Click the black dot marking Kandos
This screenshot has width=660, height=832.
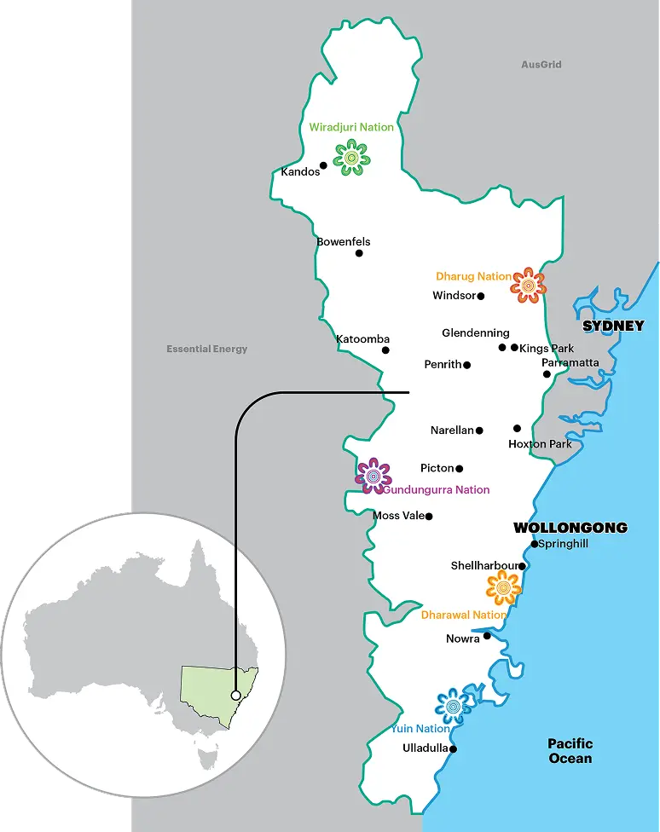tap(324, 165)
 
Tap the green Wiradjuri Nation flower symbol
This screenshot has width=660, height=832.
tap(350, 159)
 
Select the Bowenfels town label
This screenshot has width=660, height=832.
tap(344, 242)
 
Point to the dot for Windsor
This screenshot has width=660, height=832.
tap(481, 297)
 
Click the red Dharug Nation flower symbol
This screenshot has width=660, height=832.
tap(528, 285)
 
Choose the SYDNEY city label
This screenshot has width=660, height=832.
tap(613, 326)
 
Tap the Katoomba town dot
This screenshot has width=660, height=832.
tap(385, 350)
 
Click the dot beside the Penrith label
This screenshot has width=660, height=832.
tap(467, 365)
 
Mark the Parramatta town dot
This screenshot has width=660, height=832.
tap(547, 373)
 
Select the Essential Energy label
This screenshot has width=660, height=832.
tap(207, 349)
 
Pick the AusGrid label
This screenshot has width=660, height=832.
tap(541, 65)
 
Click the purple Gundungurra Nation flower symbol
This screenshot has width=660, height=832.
tap(373, 476)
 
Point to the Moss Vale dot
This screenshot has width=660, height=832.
tap(429, 516)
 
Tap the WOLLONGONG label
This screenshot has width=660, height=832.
tap(570, 528)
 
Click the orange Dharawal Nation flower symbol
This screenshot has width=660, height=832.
tap(503, 587)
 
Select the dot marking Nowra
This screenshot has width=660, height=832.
tap(487, 635)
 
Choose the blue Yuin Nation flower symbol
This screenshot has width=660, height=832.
tap(454, 706)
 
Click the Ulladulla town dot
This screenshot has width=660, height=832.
tap(453, 749)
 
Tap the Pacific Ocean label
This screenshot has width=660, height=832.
tap(570, 751)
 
